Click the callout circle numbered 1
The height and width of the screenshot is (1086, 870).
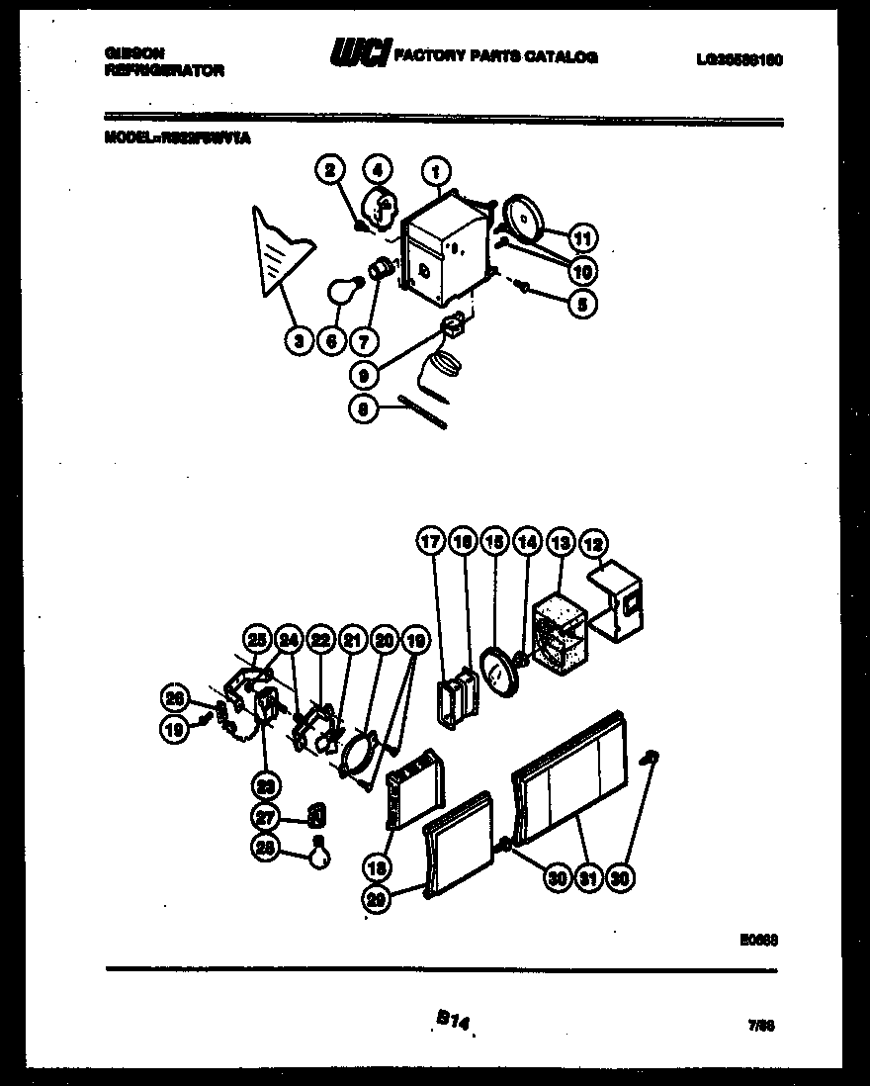(435, 172)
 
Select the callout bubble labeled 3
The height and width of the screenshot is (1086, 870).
(297, 341)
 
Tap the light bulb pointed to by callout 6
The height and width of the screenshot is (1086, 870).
(341, 292)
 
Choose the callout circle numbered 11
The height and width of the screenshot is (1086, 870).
(583, 238)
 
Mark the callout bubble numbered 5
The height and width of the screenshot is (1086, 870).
(583, 305)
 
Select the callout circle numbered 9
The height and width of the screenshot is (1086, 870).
(365, 376)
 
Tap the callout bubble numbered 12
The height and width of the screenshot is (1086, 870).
(594, 542)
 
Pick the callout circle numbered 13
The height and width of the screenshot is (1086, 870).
(561, 542)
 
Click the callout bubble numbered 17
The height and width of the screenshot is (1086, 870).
(430, 542)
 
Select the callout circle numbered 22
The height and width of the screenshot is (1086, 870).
(320, 641)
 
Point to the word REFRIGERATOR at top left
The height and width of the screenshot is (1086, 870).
(163, 71)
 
